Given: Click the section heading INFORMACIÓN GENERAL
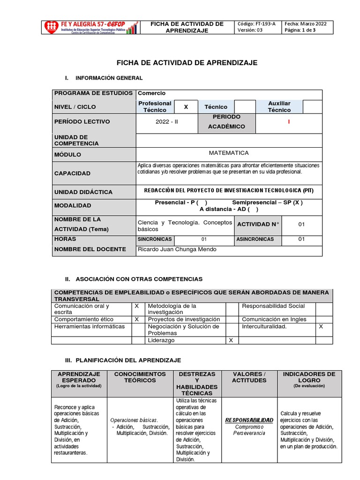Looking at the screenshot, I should (x=109, y=78).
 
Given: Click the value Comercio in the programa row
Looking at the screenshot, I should (x=151, y=93).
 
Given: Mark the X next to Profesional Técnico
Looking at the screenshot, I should (x=186, y=107).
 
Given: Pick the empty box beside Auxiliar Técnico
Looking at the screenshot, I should (x=312, y=107).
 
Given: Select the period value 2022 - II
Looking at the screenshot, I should (x=167, y=122).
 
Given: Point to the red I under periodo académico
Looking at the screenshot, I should (x=289, y=122).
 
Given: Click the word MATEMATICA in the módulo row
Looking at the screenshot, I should (x=229, y=153).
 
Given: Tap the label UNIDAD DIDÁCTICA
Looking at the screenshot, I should (x=83, y=192).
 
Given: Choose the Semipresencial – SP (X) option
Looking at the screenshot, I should (x=267, y=202).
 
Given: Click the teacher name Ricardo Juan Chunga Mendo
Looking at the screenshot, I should (x=177, y=249).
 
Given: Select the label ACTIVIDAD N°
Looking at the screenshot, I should (x=258, y=224).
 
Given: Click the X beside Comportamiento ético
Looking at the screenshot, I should (x=137, y=319).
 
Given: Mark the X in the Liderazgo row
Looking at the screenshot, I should (x=231, y=341).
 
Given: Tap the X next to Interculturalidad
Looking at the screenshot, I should (x=321, y=326).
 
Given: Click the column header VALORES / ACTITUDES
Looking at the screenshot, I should (x=249, y=377).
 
